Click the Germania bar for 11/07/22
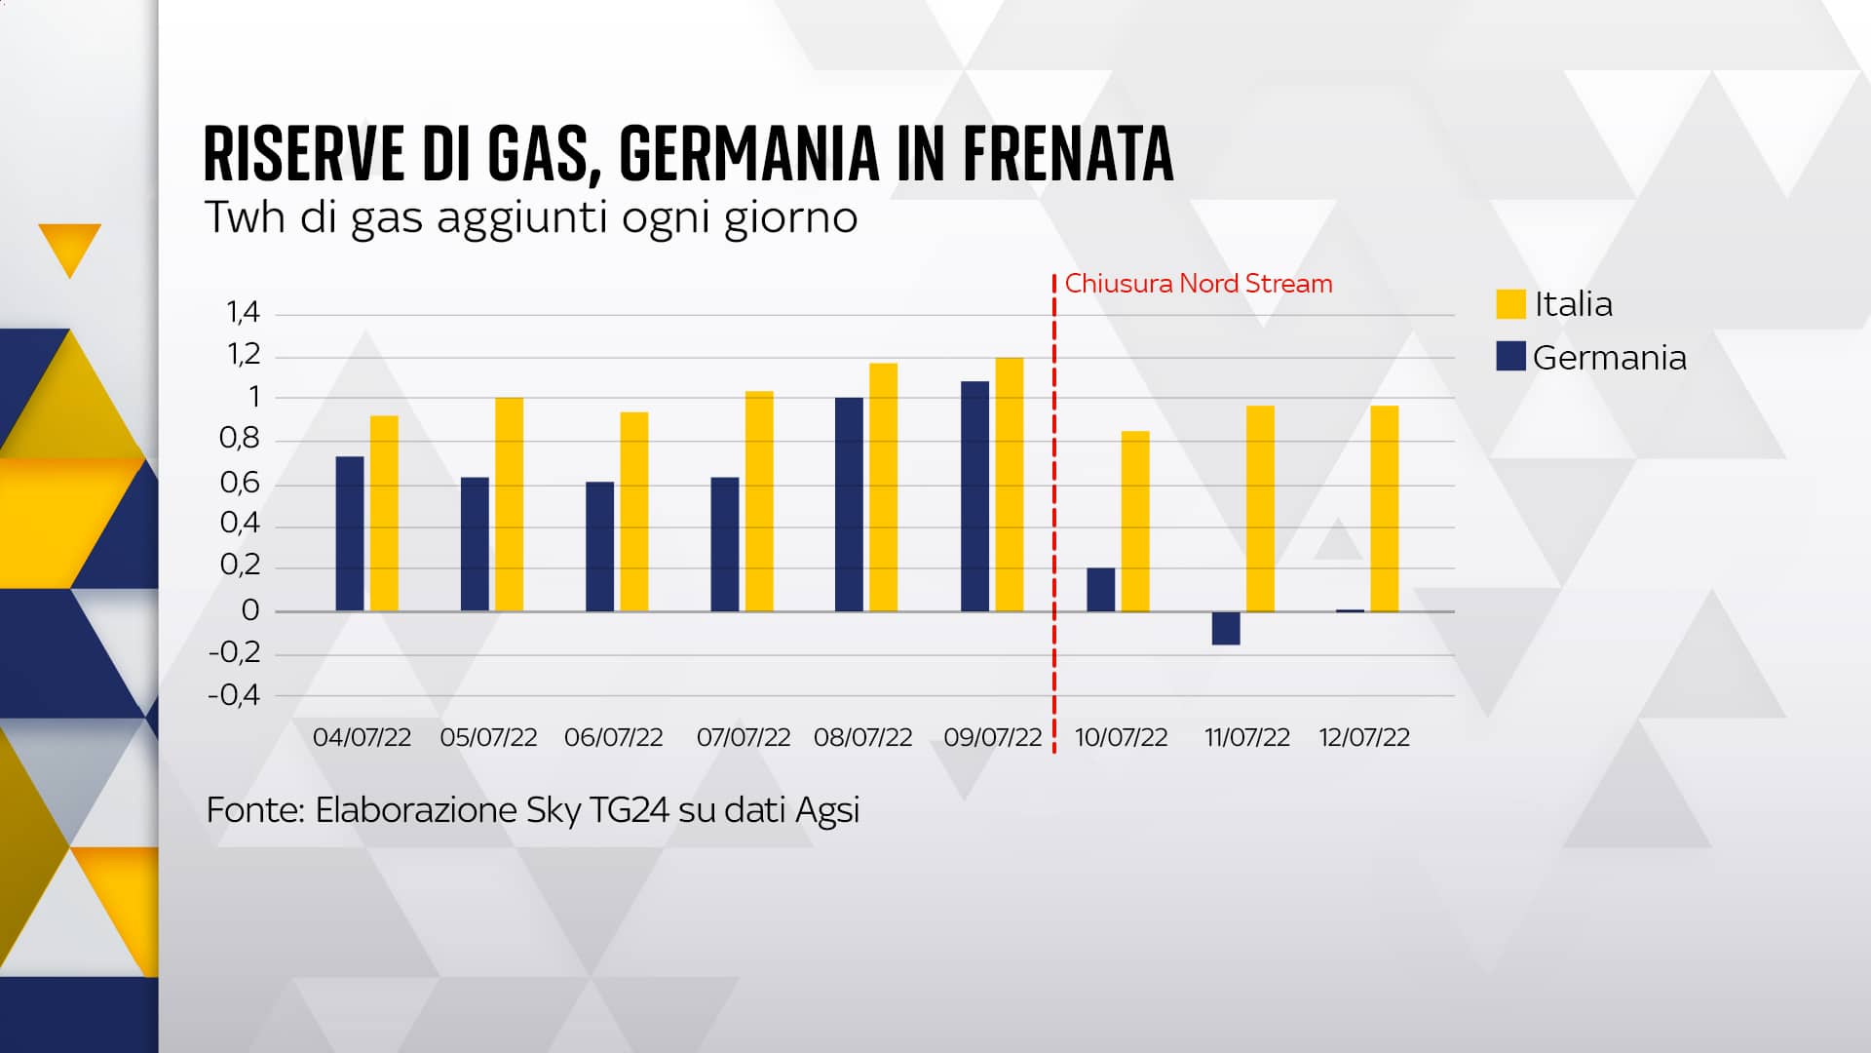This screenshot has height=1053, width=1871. tap(1226, 628)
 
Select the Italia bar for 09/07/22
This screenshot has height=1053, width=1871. tap(1010, 485)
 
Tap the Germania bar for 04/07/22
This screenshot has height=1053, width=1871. tap(350, 533)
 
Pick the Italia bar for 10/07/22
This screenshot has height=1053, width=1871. tap(1135, 522)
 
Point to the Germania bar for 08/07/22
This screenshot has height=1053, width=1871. tap(849, 504)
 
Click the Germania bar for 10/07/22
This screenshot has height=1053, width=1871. tap(1101, 590)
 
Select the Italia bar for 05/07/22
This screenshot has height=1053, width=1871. tap(509, 504)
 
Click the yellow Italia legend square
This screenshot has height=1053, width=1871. tap(1510, 304)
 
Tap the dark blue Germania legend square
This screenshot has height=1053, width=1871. tap(1510, 357)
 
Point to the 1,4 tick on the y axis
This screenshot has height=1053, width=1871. tap(244, 313)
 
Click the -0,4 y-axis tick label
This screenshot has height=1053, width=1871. tap(235, 696)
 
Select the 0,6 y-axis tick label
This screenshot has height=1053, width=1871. tap(240, 483)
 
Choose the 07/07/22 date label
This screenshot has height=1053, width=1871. tap(744, 738)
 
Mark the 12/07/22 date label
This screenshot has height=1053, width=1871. tap(1364, 738)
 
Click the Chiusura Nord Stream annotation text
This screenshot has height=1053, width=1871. tap(1198, 284)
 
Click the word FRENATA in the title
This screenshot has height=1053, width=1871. tap(1068, 154)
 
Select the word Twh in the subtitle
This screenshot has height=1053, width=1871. tap(246, 217)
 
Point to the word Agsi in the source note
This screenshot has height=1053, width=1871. tap(827, 811)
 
